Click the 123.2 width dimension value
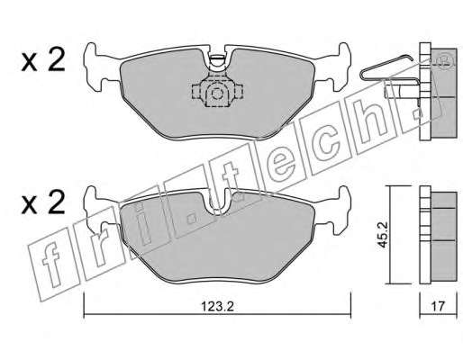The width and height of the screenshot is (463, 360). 217,307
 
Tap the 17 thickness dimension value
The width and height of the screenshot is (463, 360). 438,307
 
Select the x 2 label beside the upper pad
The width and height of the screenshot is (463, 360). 43,60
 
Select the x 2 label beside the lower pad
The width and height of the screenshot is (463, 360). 43,202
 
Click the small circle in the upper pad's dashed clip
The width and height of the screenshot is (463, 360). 216,94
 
